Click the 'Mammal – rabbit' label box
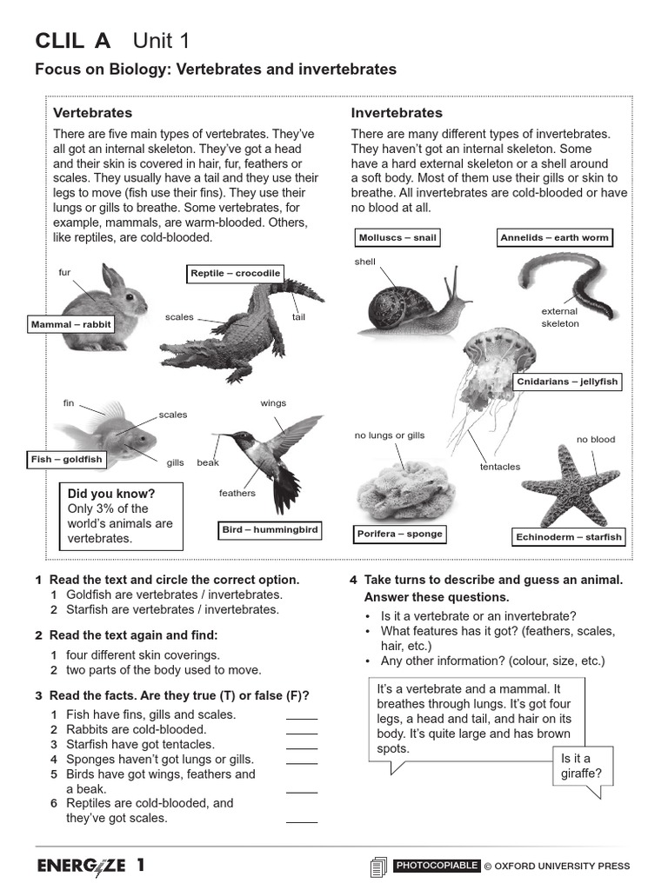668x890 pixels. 71,325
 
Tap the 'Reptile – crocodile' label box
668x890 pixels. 236,274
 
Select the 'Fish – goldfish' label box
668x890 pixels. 66,460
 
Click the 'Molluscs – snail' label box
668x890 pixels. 397,238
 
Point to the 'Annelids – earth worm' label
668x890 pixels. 554,238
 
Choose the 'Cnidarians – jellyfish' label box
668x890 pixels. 567,382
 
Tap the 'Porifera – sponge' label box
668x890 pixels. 399,534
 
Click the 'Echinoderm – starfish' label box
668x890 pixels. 570,537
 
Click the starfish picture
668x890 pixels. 569,486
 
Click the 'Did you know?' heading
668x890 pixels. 111,494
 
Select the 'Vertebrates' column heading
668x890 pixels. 93,113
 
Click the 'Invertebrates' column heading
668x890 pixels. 397,113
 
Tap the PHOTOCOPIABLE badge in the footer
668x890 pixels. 436,866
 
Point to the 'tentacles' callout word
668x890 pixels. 500,467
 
